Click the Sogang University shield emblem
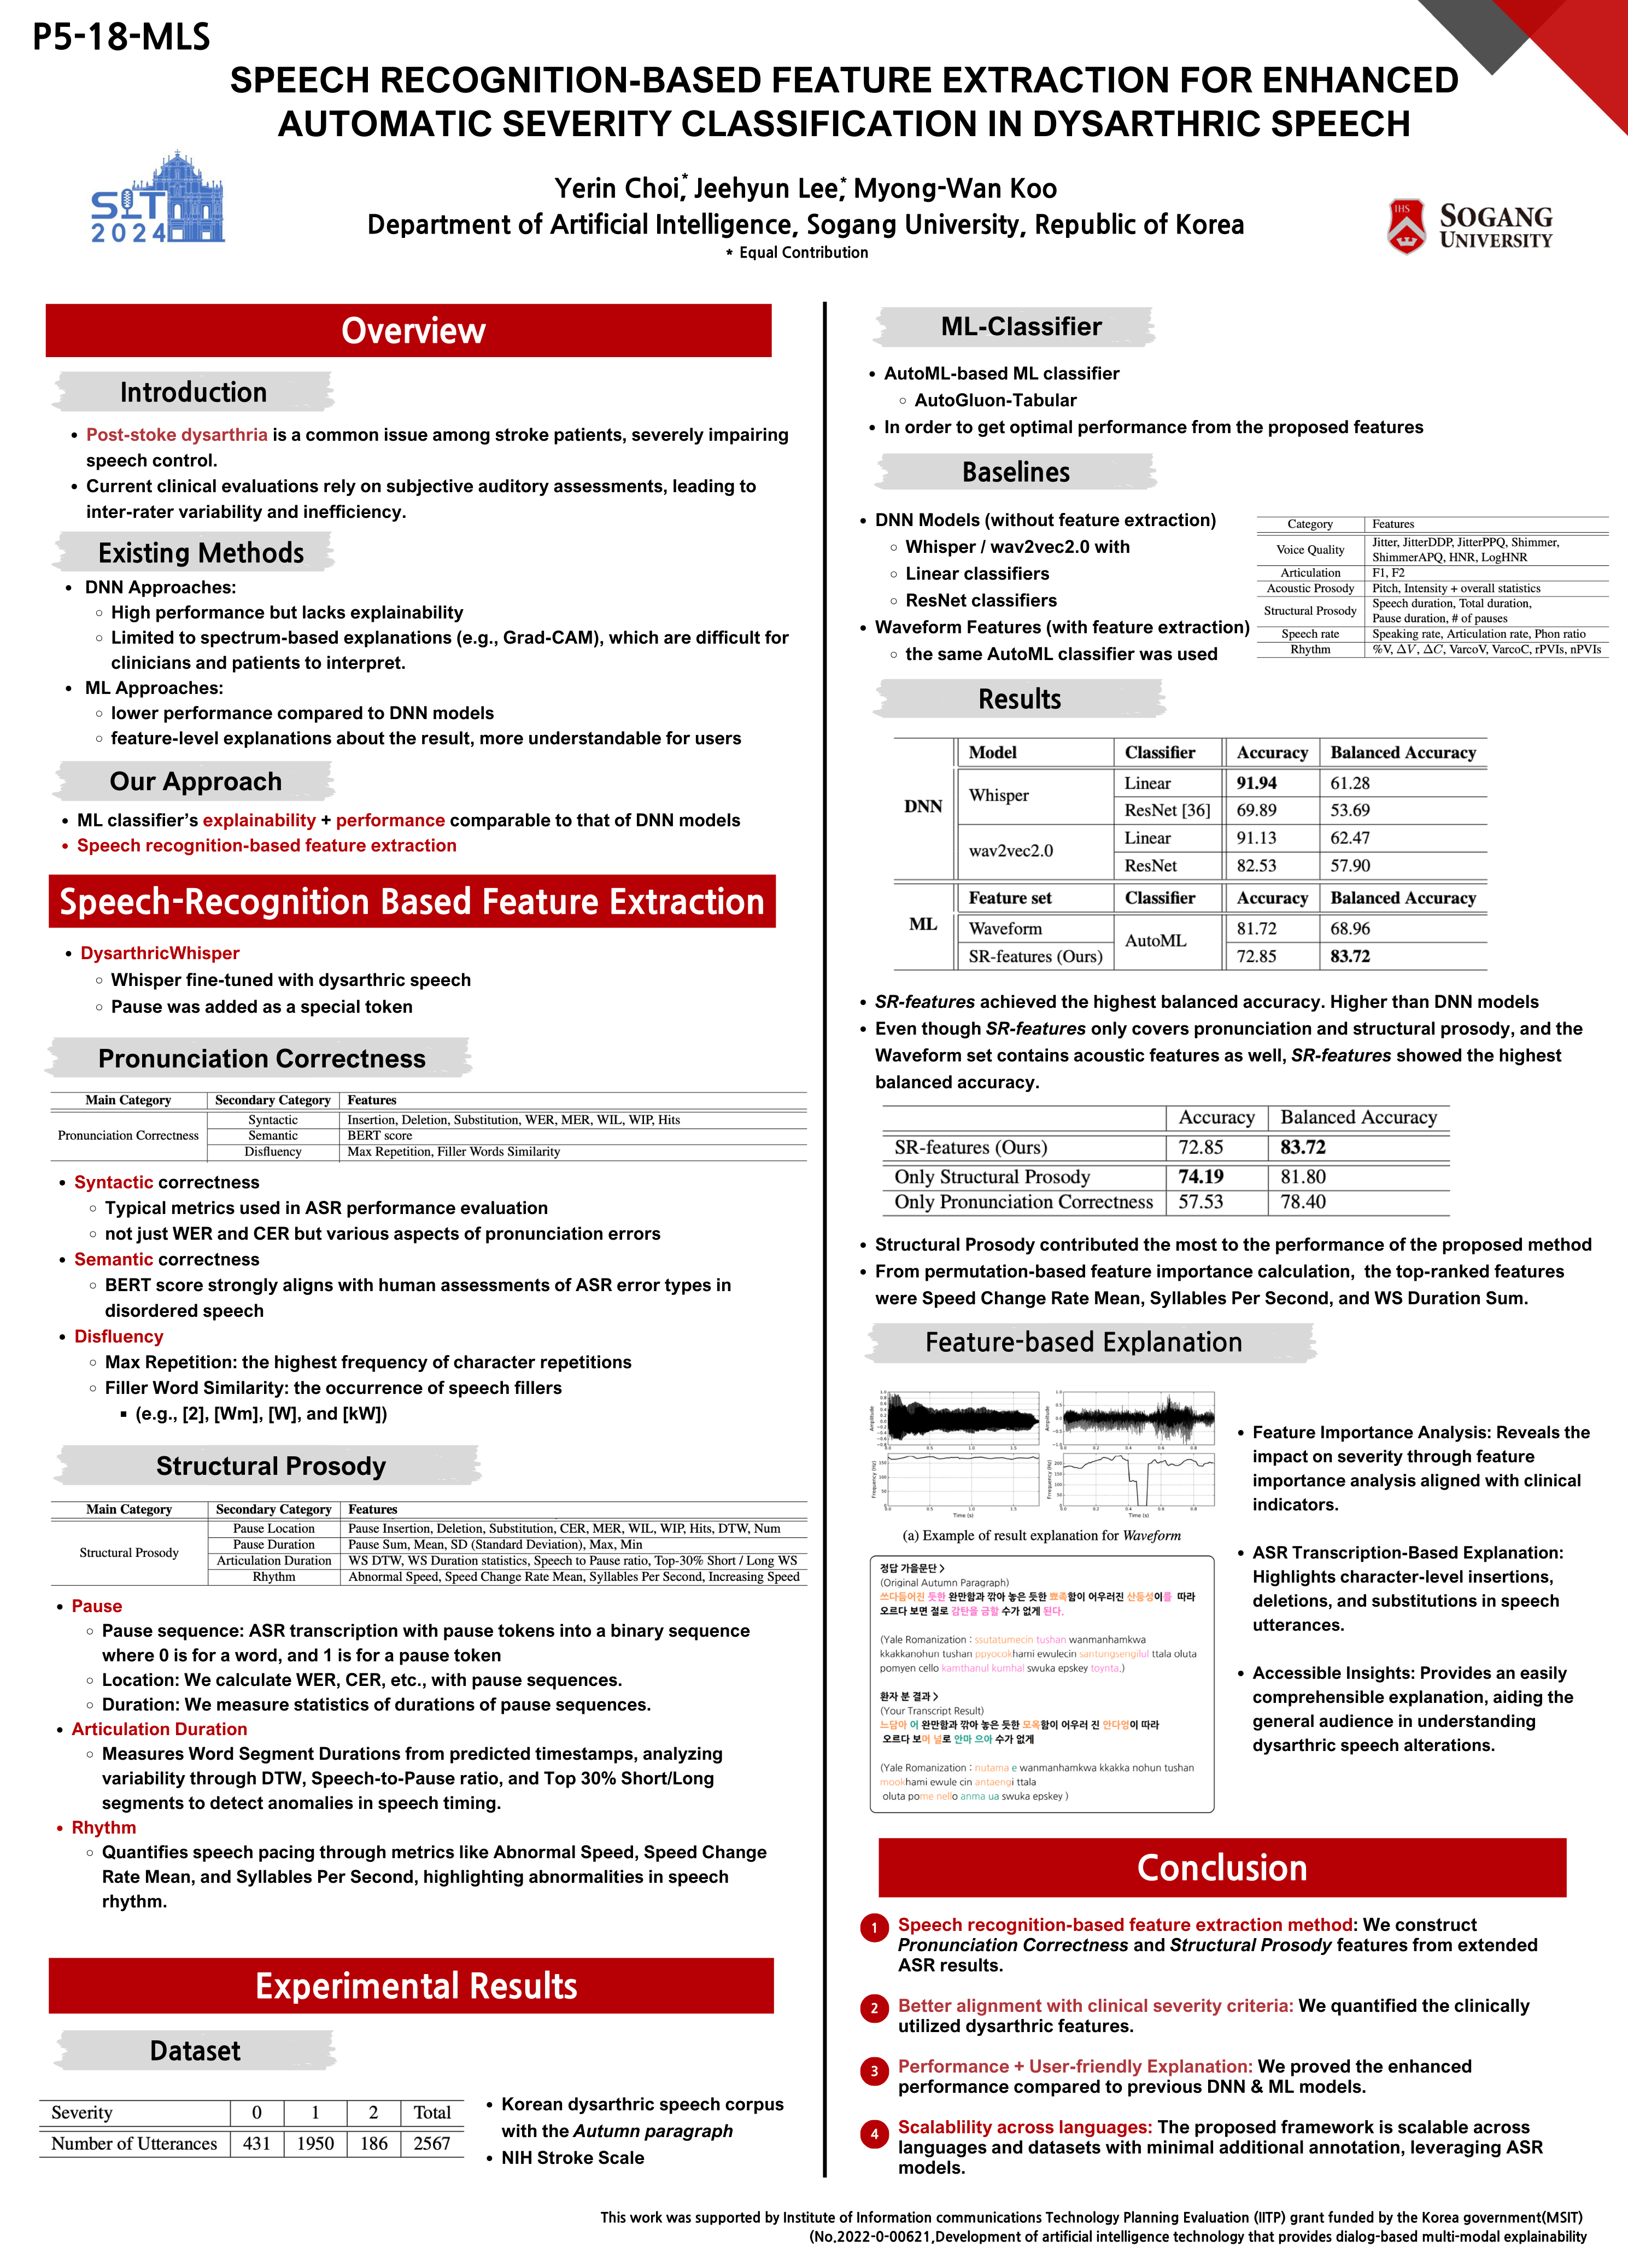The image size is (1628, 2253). point(1406,226)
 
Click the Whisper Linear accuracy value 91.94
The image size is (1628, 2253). point(1256,783)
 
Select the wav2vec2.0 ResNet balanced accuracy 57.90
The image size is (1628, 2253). point(1350,865)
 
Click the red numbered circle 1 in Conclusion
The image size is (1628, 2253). point(874,1928)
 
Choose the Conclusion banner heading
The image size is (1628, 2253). point(1222,1867)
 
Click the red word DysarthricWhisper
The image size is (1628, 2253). point(160,953)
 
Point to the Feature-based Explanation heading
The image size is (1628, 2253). point(1084,1342)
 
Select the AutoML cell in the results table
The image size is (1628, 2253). point(1155,941)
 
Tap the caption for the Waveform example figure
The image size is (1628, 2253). point(1041,1536)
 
